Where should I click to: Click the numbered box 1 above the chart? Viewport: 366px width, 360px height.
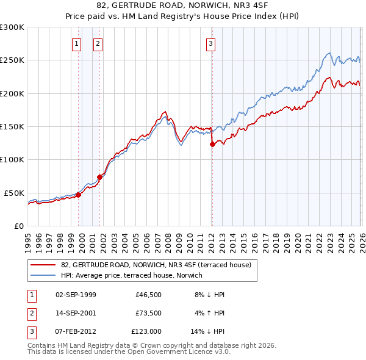(x=77, y=43)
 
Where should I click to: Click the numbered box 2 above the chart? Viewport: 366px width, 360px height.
(x=98, y=43)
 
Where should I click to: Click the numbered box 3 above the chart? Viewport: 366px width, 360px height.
(x=210, y=43)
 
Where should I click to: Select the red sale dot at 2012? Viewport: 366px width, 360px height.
(x=212, y=145)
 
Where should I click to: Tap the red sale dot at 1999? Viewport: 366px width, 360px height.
(x=78, y=195)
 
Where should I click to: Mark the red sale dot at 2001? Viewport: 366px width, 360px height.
(x=100, y=177)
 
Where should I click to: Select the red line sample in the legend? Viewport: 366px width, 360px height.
(x=43, y=265)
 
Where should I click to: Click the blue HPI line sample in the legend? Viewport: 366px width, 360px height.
(x=43, y=275)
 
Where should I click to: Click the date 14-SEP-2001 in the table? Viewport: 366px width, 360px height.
(x=76, y=313)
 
